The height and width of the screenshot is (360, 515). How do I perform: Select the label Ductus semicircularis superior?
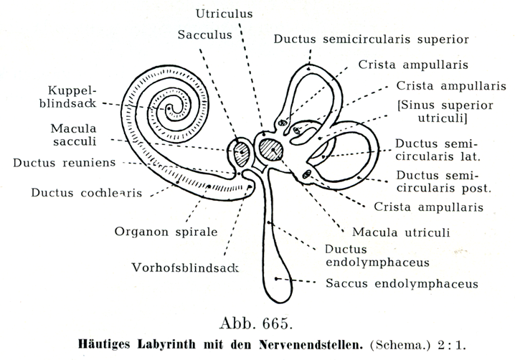click(371, 39)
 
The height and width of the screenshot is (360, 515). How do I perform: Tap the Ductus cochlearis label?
click(86, 193)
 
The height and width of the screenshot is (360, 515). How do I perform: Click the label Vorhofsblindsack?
click(184, 268)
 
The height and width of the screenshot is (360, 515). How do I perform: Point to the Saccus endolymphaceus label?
click(402, 284)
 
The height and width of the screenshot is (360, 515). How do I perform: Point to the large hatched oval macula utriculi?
click(271, 151)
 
